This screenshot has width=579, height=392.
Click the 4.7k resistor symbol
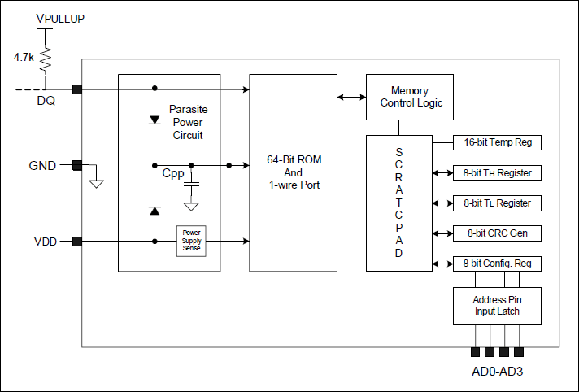click(x=46, y=58)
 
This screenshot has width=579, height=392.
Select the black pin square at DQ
click(x=77, y=89)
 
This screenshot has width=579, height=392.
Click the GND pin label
click(x=42, y=165)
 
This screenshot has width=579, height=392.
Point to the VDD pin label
click(x=45, y=242)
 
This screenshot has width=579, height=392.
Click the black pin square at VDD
click(x=77, y=241)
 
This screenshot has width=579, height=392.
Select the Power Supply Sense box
click(x=192, y=241)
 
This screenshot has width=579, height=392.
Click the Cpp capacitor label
click(x=172, y=173)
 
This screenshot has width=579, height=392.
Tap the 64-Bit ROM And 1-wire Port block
click(x=294, y=172)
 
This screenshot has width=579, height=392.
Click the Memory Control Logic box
click(x=409, y=98)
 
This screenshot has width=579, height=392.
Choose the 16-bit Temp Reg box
click(x=497, y=142)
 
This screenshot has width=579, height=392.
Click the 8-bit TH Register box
click(x=497, y=172)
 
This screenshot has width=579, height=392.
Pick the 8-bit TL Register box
click(x=497, y=203)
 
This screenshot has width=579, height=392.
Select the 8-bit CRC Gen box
click(x=497, y=233)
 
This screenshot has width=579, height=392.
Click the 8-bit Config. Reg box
click(x=497, y=264)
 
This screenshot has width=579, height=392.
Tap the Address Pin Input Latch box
click(x=496, y=306)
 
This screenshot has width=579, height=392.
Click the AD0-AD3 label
click(x=497, y=372)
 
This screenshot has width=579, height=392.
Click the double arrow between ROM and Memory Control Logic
click(x=351, y=97)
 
